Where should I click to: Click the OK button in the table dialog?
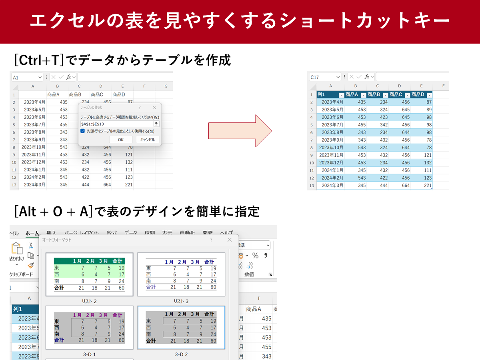click(x=121, y=140)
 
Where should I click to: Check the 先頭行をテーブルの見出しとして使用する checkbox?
click(x=82, y=131)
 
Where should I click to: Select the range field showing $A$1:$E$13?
click(x=117, y=124)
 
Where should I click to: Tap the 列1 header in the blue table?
click(x=327, y=95)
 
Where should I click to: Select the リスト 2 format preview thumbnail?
click(x=90, y=274)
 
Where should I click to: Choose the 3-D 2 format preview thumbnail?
click(x=181, y=328)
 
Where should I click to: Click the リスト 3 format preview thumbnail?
click(x=181, y=274)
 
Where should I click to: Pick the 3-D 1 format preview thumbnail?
click(x=90, y=328)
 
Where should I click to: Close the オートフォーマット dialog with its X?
click(x=230, y=240)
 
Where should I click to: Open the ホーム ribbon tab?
click(x=32, y=234)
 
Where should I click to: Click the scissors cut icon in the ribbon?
click(x=30, y=245)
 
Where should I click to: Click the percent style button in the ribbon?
click(x=255, y=256)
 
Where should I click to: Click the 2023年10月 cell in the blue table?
click(x=330, y=148)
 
